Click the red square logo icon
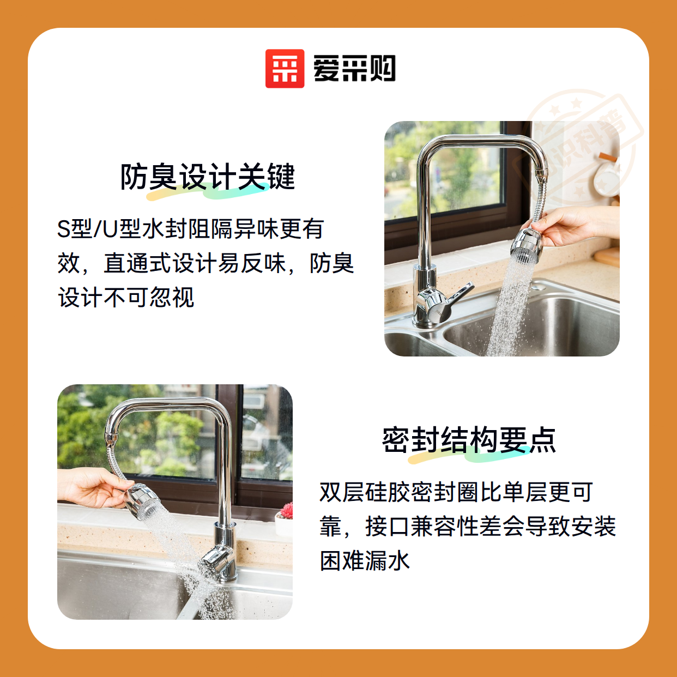[x=285, y=69]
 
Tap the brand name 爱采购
[x=354, y=69]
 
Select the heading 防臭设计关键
[x=207, y=177]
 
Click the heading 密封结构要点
[x=469, y=440]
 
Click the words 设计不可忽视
[x=126, y=298]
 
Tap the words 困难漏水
[x=365, y=560]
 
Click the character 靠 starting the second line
[x=331, y=526]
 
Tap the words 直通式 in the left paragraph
[x=137, y=263]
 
